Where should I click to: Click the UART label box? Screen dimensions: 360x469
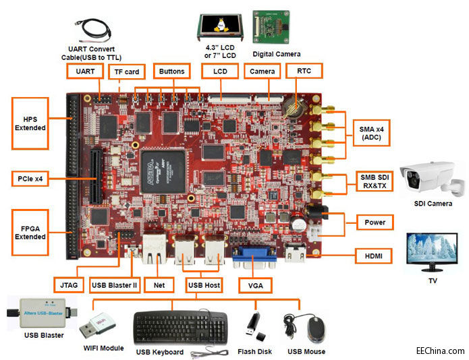coord(86,71)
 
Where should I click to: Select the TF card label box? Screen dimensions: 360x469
coord(126,71)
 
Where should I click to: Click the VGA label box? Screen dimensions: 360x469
coord(256,285)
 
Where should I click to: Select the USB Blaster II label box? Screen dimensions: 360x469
coord(114,285)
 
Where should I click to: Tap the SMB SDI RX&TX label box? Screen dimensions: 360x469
coord(373,181)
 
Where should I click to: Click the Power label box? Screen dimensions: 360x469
coord(374,221)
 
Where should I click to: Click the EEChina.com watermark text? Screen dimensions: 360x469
coord(439,351)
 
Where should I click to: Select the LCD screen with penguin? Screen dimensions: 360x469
coord(217,28)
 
